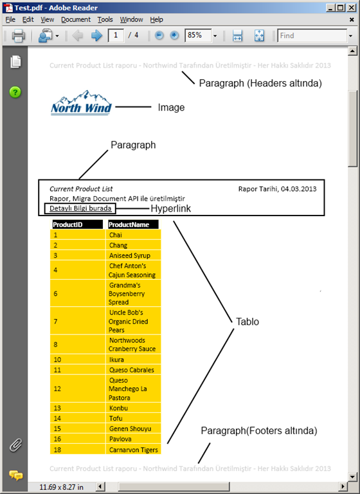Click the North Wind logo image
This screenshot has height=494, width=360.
pos(81,104)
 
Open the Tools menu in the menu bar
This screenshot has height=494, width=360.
pos(105,20)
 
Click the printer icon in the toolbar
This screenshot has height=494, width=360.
pos(18,36)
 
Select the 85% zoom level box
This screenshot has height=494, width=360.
pos(197,36)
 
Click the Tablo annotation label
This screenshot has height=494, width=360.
pos(248,322)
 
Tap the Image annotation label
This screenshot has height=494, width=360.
pos(171,107)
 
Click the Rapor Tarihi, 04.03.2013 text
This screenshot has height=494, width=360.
pos(277,189)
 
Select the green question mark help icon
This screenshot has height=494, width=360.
pos(15,92)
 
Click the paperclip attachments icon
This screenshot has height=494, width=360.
pos(16,444)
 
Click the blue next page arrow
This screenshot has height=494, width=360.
pos(97,36)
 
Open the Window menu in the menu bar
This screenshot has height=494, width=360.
pos(132,20)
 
